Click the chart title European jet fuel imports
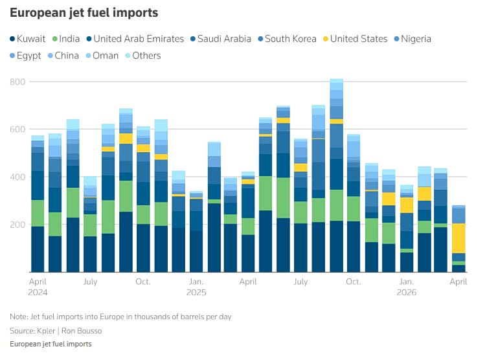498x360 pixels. pos(84,13)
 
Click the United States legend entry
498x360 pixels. pos(359,39)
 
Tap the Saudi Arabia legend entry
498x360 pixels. pos(224,39)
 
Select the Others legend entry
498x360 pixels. pos(146,56)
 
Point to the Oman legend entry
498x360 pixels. pos(104,56)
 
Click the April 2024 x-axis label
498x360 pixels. pos(38,287)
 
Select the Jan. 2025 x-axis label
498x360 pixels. pos(196,287)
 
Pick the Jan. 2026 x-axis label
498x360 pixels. pos(407,287)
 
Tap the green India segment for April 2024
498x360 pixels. pos(38,213)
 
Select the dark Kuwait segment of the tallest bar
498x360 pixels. pos(336,246)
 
